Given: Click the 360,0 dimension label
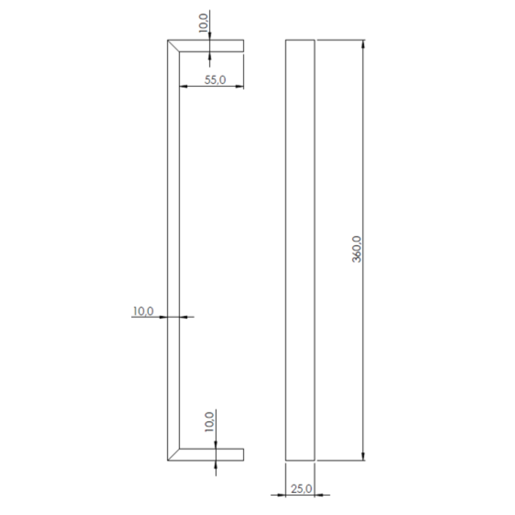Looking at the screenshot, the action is pos(357,249).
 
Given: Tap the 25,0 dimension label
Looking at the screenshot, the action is pos(302,489).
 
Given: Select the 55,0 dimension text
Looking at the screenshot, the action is pos(215,80).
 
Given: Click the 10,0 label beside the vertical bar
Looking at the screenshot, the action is pos(143,311).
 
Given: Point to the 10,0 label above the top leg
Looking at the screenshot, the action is pos(204,23).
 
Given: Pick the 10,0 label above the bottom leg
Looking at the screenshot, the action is pos(209,422).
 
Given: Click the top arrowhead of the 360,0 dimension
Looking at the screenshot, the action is pos(363,44).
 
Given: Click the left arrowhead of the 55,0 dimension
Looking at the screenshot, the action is pos(183,86).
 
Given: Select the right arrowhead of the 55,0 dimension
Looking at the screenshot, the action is pos(240,86).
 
